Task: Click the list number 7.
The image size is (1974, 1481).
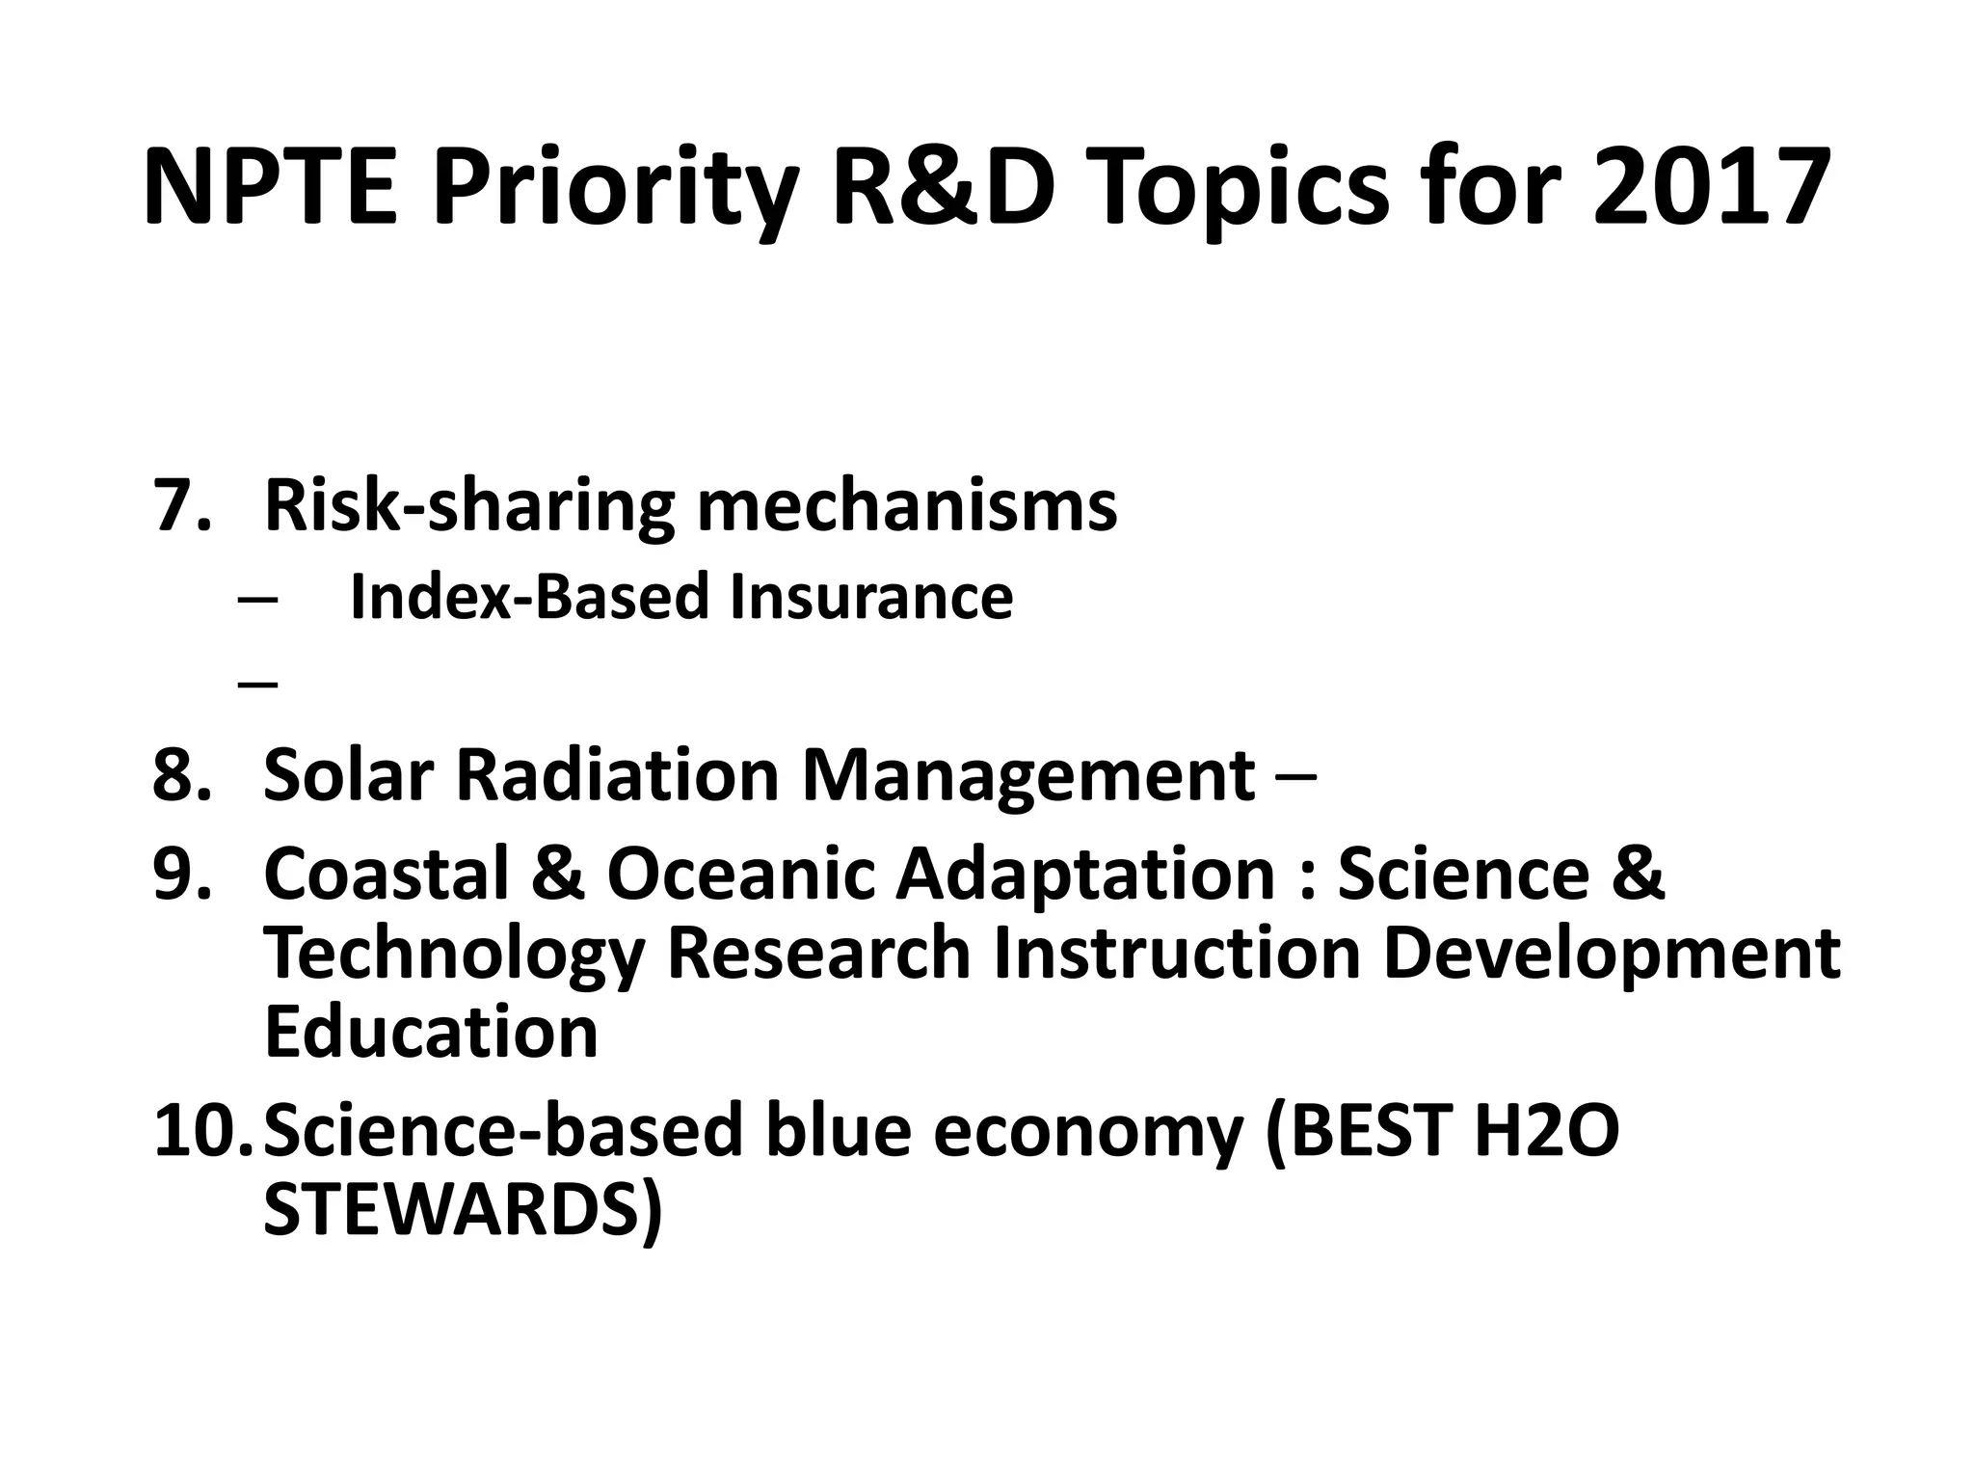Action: click(x=180, y=505)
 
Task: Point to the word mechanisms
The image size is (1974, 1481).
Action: click(x=907, y=505)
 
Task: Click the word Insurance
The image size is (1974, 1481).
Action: click(x=870, y=597)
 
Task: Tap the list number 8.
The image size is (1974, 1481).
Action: click(x=180, y=774)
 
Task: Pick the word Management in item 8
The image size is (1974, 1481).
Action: click(x=1028, y=774)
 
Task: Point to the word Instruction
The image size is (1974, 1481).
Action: click(x=1177, y=953)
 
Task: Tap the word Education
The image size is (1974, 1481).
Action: click(x=431, y=1032)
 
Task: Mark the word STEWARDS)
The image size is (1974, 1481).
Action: click(x=463, y=1210)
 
